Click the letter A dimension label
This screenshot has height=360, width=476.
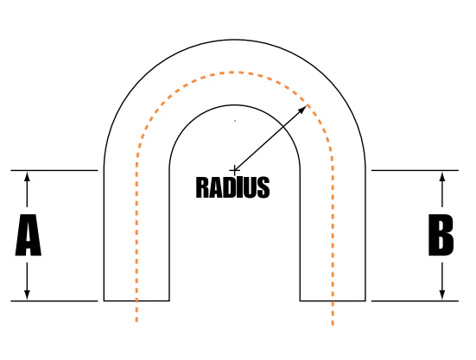(28, 235)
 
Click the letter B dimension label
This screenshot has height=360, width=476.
(441, 235)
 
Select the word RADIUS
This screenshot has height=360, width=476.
(233, 187)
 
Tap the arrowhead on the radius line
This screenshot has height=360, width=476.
(302, 109)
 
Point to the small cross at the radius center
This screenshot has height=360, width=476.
(234, 170)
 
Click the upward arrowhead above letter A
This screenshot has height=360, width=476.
(27, 176)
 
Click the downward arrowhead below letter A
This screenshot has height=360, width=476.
(27, 294)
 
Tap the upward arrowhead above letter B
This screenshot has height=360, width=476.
(442, 176)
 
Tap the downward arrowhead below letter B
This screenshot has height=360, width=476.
(442, 294)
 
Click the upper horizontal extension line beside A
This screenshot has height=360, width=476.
(54, 170)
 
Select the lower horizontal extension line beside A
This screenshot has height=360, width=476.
(54, 301)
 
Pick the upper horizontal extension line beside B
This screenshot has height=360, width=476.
(415, 170)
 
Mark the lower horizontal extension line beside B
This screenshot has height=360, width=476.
(415, 301)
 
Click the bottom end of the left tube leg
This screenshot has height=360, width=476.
(136, 300)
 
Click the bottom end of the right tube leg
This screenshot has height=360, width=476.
(333, 300)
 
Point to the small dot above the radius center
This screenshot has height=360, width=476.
(235, 121)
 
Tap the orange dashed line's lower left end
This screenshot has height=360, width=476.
(136, 321)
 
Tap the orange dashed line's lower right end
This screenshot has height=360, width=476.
(333, 325)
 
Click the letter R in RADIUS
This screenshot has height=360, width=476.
(202, 187)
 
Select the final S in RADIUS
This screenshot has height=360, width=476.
(263, 187)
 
